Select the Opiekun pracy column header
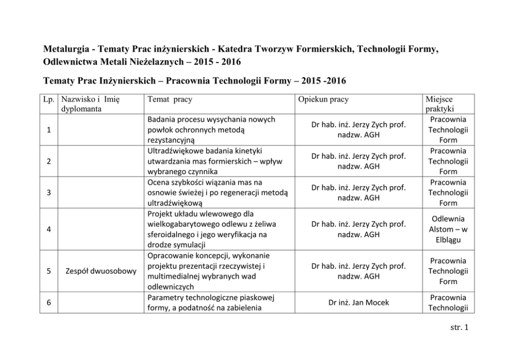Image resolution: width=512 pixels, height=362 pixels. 323,98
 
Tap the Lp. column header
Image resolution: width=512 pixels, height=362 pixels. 48,98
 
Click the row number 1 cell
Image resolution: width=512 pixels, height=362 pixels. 48,129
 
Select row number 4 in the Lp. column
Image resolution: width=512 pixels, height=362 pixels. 48,229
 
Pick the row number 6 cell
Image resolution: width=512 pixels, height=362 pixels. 48,303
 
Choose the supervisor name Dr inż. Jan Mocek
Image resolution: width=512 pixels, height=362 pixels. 358,303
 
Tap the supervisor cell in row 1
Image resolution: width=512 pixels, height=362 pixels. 358,129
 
